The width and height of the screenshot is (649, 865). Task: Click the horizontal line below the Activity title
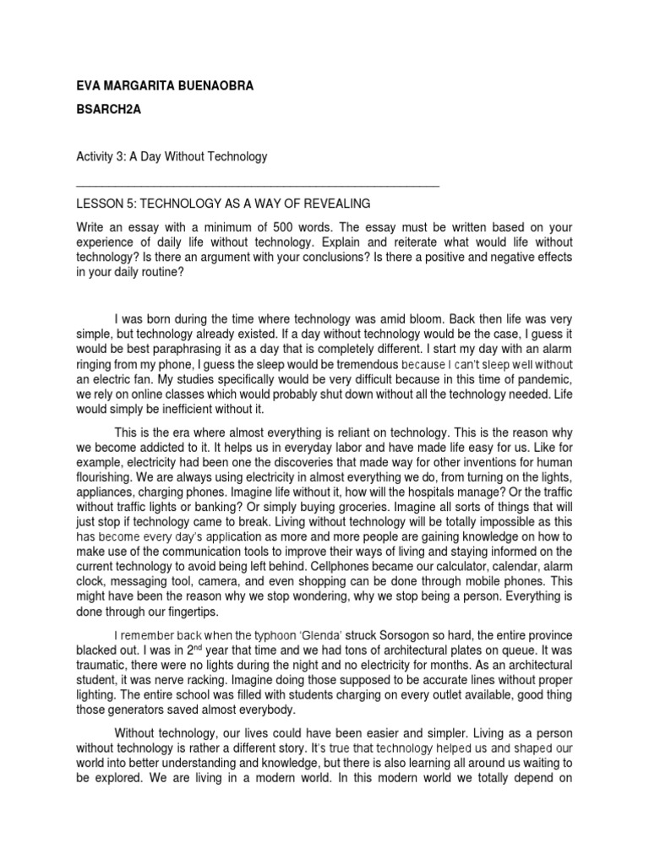(258, 183)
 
